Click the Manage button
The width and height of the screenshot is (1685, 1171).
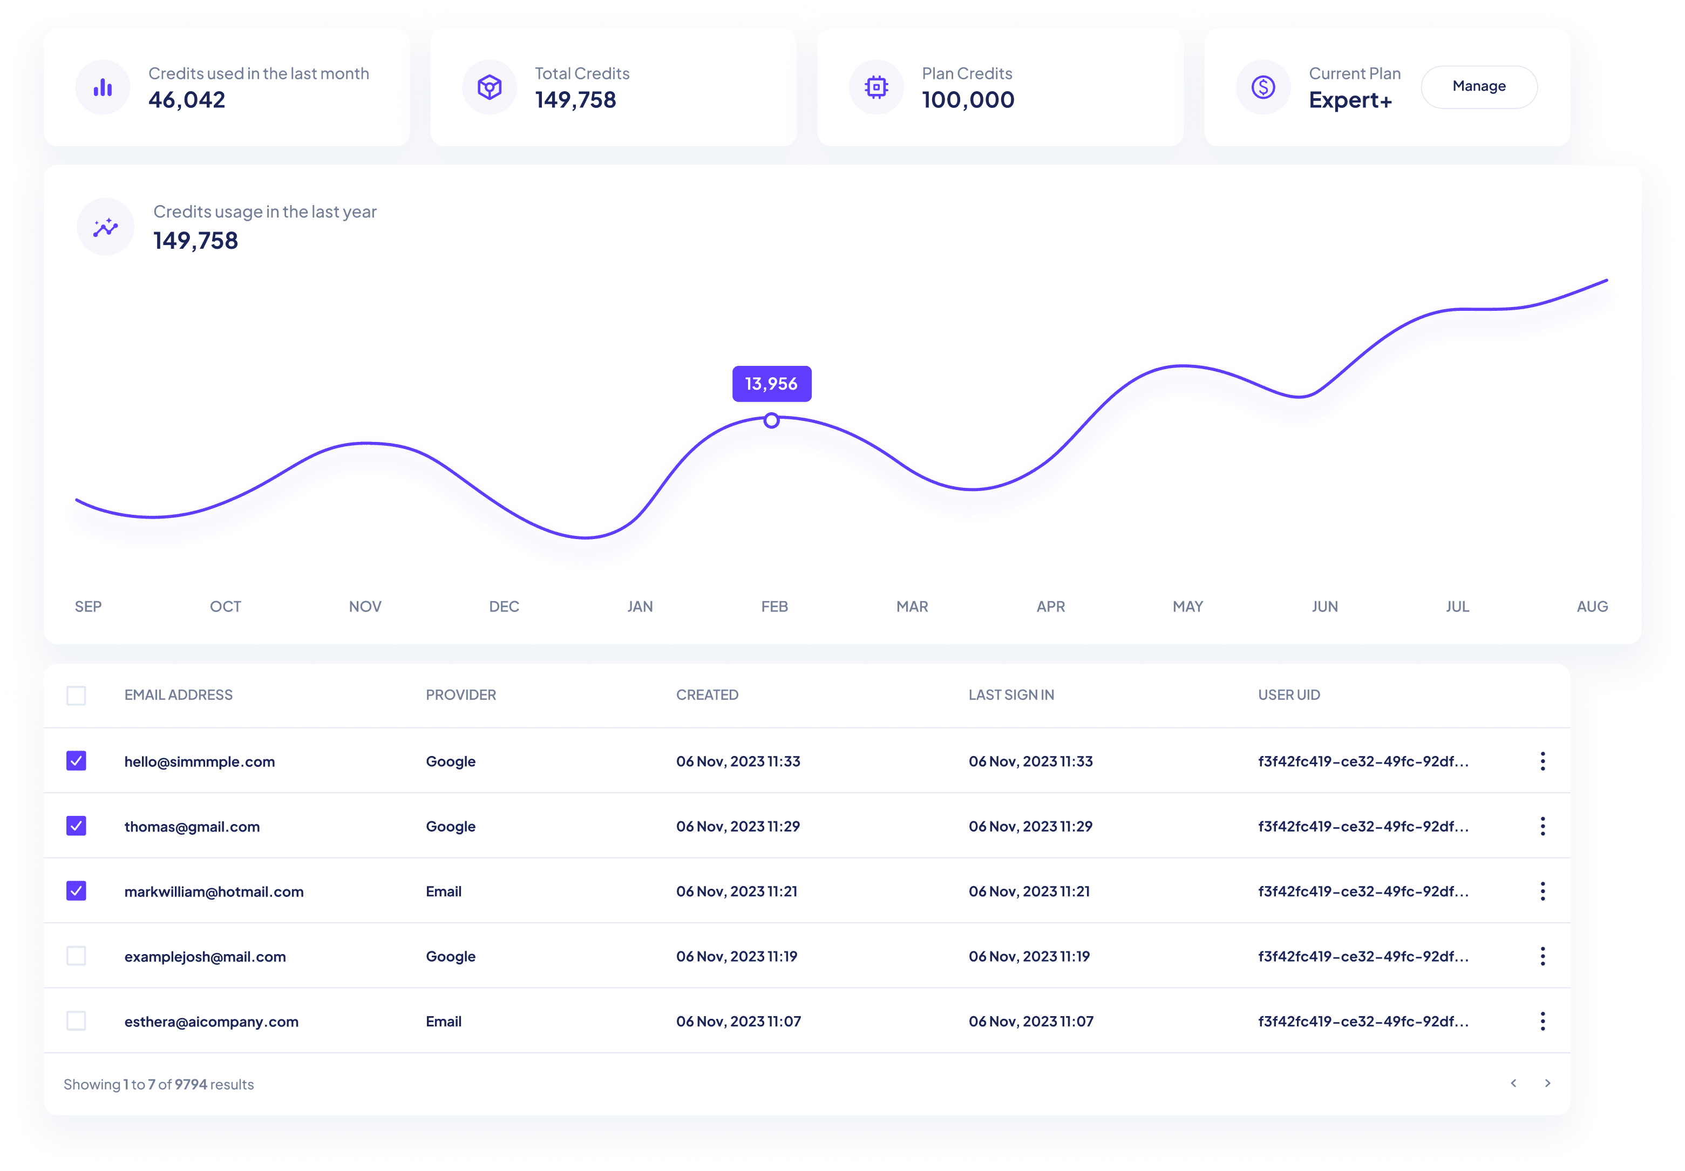point(1478,86)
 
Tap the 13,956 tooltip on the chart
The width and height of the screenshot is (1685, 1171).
point(771,384)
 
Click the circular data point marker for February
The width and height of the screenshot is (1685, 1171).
point(771,420)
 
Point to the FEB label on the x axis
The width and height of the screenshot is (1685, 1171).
point(774,607)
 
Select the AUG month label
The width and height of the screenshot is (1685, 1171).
point(1592,607)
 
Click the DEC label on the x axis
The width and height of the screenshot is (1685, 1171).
point(504,607)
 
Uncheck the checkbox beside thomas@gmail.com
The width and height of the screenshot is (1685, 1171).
point(76,826)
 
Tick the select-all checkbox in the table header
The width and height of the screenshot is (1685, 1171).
point(76,695)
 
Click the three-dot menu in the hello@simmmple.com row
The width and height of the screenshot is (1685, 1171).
point(1543,761)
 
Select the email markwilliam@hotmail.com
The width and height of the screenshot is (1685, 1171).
point(214,891)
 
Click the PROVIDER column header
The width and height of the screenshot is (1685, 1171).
point(461,695)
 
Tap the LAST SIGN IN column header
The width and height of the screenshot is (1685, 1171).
point(1010,695)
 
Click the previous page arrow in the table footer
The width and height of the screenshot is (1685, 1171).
point(1513,1083)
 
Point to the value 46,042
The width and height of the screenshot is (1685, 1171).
point(186,100)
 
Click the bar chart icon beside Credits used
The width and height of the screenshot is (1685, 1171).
point(103,87)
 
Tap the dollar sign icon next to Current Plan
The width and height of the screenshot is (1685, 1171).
point(1263,87)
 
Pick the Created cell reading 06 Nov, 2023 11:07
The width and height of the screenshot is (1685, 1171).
point(738,1022)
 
